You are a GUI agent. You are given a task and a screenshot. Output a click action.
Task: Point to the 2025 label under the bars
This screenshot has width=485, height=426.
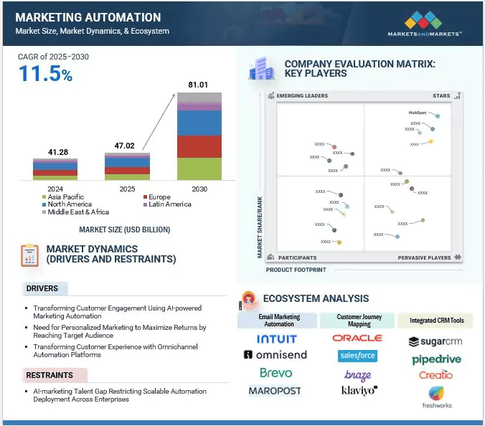pos(127,189)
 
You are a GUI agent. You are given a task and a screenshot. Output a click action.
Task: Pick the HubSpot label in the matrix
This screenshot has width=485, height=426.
pos(418,113)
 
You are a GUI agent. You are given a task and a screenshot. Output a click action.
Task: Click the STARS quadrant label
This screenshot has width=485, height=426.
pos(441,95)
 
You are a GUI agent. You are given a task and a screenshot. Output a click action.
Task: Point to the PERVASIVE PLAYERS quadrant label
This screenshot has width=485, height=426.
pos(425,257)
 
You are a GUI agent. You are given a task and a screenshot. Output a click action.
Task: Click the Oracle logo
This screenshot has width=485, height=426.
pos(357,338)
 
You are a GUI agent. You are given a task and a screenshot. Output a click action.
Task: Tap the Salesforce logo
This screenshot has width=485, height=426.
pos(357,356)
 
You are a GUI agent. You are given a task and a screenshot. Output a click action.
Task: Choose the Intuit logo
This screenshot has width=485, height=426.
pos(277,338)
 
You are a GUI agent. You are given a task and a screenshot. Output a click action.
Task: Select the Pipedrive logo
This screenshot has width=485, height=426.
pos(436,359)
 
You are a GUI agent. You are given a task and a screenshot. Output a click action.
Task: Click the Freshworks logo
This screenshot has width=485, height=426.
pos(436,397)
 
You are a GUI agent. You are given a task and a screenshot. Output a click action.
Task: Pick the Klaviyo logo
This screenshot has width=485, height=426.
pos(359,391)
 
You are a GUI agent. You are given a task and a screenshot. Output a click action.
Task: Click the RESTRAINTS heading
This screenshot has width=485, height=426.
pos(49,375)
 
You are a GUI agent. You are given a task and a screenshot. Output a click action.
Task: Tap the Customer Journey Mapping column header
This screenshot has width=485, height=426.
pos(359,320)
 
